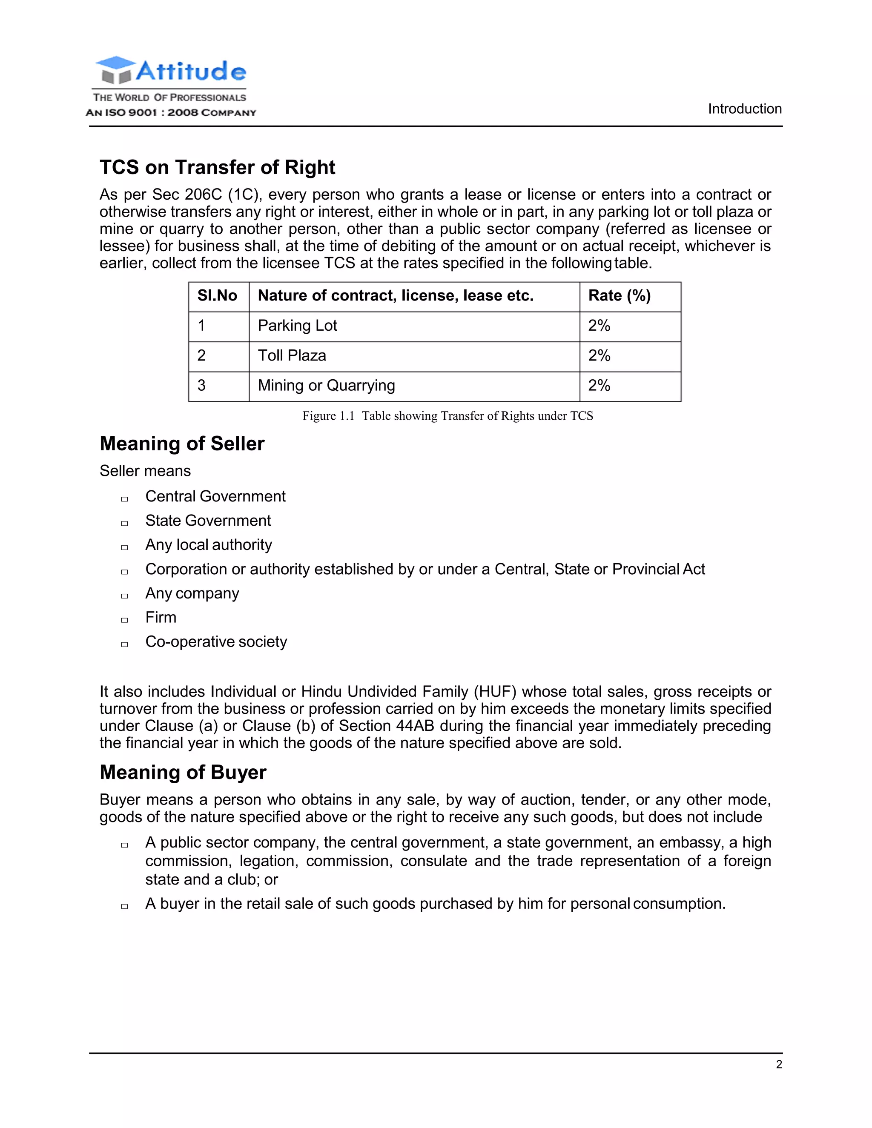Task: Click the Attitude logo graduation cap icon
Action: [115, 70]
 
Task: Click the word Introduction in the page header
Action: [744, 109]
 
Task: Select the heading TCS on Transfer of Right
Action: [217, 167]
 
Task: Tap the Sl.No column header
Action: [217, 295]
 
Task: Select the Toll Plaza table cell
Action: [292, 355]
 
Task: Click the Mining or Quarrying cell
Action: [326, 385]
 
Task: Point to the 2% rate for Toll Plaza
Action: [599, 355]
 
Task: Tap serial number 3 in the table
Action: [201, 385]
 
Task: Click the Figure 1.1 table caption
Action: [447, 416]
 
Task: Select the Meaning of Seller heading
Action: [182, 444]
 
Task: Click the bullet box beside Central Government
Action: [124, 499]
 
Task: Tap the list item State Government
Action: [208, 521]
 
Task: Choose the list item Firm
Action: [161, 617]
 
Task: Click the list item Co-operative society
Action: [216, 641]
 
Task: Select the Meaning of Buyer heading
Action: [183, 772]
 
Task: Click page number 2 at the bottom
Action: [778, 1065]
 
